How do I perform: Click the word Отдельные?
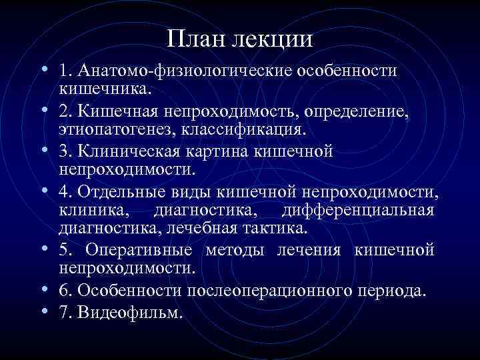[125, 193]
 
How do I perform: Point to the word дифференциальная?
[358, 211]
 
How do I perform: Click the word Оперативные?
[139, 251]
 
